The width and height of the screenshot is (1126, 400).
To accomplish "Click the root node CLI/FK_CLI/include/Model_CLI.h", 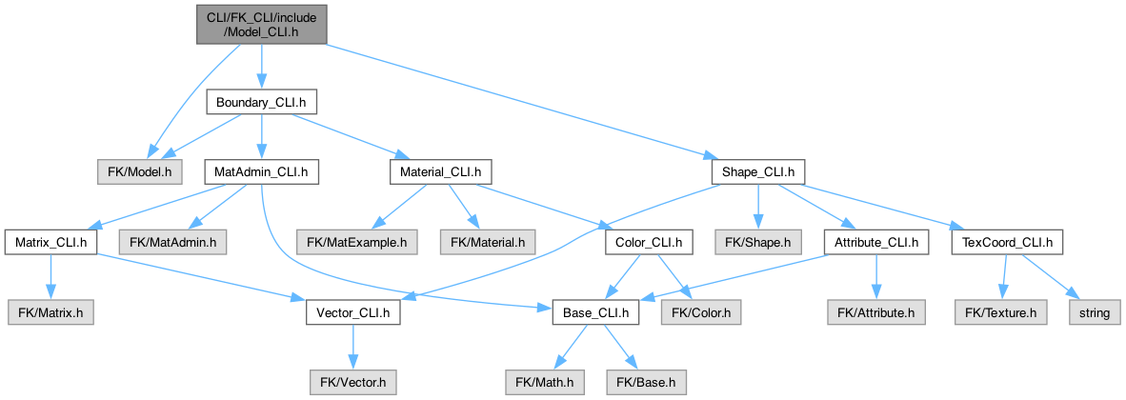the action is point(261,24).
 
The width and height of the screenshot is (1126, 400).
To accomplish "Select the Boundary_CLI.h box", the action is point(261,103).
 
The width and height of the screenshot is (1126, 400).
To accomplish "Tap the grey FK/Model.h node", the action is point(140,172).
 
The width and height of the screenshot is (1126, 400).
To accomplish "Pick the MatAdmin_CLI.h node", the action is point(261,172).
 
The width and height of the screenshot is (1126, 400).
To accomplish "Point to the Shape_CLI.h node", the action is point(757,172).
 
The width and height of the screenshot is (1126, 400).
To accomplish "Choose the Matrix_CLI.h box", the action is point(50,242).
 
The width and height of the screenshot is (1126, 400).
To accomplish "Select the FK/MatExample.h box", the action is point(356,242).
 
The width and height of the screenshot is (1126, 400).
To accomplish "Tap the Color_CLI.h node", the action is point(649,242).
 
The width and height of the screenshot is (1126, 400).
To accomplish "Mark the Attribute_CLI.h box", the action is point(875,242).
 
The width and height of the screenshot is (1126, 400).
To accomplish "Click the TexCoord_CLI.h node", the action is point(1007,242).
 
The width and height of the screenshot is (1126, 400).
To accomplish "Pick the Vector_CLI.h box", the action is point(352,312).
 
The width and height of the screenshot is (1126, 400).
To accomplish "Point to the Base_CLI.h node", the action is point(595,312).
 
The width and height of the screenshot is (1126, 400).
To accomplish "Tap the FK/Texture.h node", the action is point(1000,312).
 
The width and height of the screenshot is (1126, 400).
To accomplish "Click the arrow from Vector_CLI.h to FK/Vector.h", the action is point(352,347).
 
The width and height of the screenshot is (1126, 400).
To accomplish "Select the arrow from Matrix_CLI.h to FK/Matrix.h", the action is point(50,277).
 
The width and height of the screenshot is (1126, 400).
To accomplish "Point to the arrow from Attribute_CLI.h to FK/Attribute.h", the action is point(875,277).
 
